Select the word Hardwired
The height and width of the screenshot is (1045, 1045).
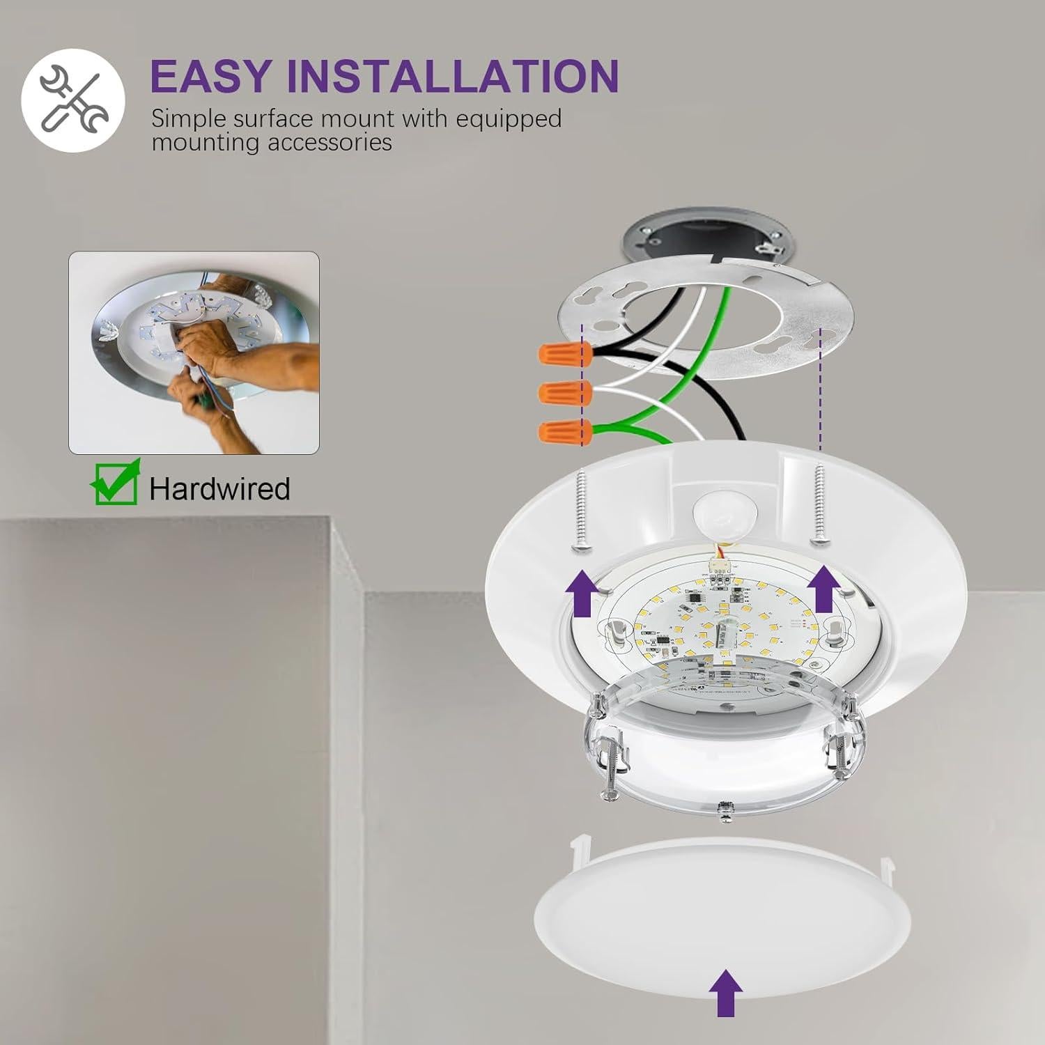tap(219, 488)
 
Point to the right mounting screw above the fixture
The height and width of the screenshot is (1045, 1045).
tap(820, 504)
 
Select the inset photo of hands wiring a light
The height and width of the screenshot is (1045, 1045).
tap(194, 353)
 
